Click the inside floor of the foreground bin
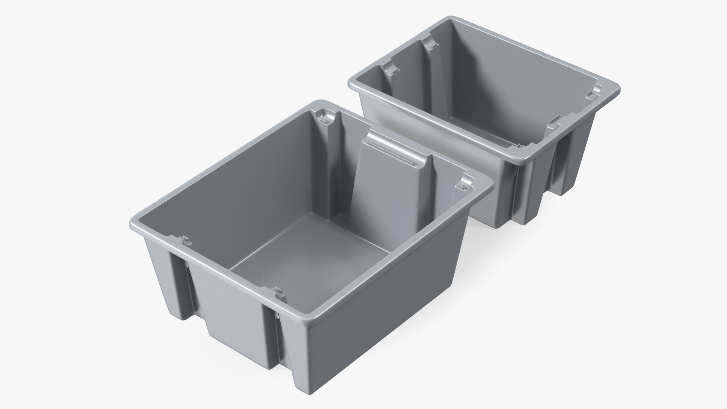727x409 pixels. point(303,265)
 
